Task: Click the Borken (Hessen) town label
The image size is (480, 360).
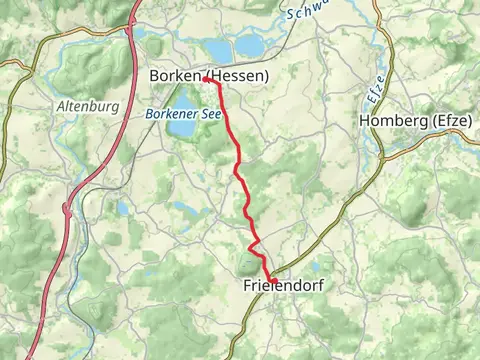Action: pos(208,75)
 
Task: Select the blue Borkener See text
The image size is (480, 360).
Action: pos(182,114)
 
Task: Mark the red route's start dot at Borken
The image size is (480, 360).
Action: pos(205,78)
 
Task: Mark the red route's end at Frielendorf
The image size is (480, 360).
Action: pos(271,279)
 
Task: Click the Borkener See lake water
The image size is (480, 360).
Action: pos(183,128)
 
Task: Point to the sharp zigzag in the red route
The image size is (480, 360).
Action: pos(254,243)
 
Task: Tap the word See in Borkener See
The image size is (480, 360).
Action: pos(210,114)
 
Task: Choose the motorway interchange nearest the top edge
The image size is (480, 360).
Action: pos(131,28)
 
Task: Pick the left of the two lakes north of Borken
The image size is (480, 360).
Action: pos(217,49)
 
